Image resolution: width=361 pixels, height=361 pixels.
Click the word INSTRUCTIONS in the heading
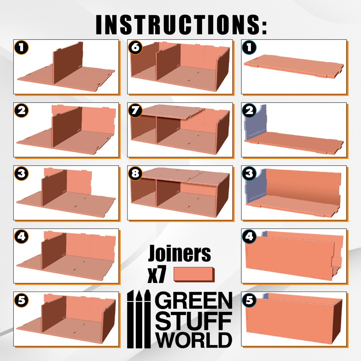pyautogui.click(x=177, y=25)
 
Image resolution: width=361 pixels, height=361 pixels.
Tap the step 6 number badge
pyautogui.click(x=135, y=48)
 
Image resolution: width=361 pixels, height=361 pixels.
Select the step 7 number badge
pyautogui.click(x=135, y=110)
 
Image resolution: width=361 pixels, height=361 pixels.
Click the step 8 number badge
pyautogui.click(x=135, y=173)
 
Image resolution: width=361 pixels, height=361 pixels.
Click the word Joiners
pyautogui.click(x=179, y=253)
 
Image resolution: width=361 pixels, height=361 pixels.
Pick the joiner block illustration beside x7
pyautogui.click(x=194, y=274)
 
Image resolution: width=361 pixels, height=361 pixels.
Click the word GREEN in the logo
pyautogui.click(x=193, y=301)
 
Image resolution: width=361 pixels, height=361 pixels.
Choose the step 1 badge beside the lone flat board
pyautogui.click(x=249, y=48)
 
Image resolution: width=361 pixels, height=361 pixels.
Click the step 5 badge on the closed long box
pyautogui.click(x=249, y=300)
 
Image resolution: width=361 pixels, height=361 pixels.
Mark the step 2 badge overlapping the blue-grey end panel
pyautogui.click(x=249, y=110)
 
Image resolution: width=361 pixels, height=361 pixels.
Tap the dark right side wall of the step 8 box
pyautogui.click(x=223, y=196)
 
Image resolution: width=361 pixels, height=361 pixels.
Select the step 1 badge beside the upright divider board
pyautogui.click(x=21, y=48)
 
